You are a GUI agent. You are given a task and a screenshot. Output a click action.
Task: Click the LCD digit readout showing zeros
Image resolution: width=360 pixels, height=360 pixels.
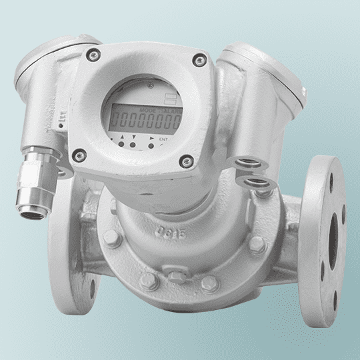148,121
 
